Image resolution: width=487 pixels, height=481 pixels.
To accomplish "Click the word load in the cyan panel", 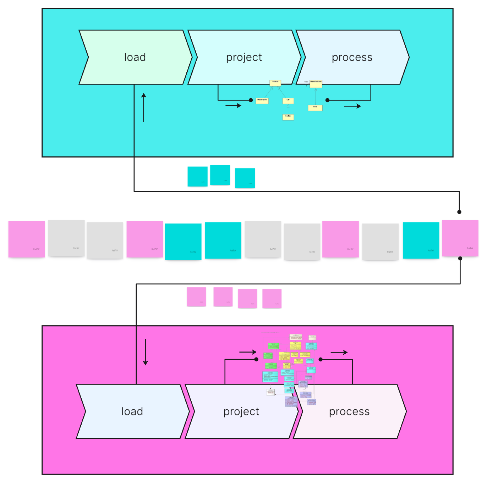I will pyautogui.click(x=135, y=57).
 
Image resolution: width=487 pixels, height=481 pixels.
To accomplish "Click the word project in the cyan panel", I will pyautogui.click(x=244, y=57).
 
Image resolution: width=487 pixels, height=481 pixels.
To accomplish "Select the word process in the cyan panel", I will pyautogui.click(x=352, y=57).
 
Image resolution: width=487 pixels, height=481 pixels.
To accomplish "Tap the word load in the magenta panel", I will pyautogui.click(x=132, y=411).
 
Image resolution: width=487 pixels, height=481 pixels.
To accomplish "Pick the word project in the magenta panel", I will pyautogui.click(x=241, y=411).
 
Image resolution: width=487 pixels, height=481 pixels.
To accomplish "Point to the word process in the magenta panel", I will pyautogui.click(x=349, y=411).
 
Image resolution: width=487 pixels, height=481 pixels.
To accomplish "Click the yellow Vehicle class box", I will pyautogui.click(x=275, y=83).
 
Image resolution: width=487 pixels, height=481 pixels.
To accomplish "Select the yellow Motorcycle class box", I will pyautogui.click(x=262, y=101).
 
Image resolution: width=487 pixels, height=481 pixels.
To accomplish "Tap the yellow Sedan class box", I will pyautogui.click(x=288, y=117).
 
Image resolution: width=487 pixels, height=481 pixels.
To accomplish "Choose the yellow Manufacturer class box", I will pyautogui.click(x=316, y=83).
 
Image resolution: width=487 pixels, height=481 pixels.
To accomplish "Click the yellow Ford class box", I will pyautogui.click(x=315, y=107).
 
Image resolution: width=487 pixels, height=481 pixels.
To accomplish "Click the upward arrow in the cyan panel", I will pyautogui.click(x=144, y=107).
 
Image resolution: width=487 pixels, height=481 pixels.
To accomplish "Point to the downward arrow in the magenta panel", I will pyautogui.click(x=145, y=352).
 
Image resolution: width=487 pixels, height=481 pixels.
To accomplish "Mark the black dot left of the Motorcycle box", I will pyautogui.click(x=251, y=100).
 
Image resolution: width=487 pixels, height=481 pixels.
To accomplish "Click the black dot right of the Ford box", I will pyautogui.click(x=327, y=100).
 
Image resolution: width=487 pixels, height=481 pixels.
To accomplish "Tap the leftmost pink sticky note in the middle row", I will pyautogui.click(x=27, y=239).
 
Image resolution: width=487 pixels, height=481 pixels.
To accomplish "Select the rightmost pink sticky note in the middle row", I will pyautogui.click(x=460, y=238).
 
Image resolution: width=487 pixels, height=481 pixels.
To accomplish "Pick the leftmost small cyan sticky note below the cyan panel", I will pyautogui.click(x=197, y=176).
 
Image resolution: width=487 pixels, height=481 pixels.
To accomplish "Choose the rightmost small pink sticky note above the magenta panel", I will pyautogui.click(x=272, y=298).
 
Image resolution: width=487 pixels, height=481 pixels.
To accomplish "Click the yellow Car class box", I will pyautogui.click(x=288, y=101).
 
